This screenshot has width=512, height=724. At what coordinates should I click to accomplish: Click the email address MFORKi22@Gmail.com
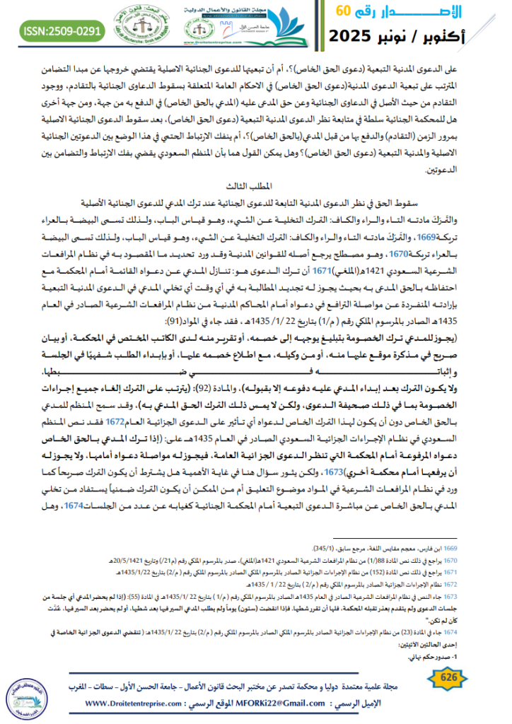click(263, 704)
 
